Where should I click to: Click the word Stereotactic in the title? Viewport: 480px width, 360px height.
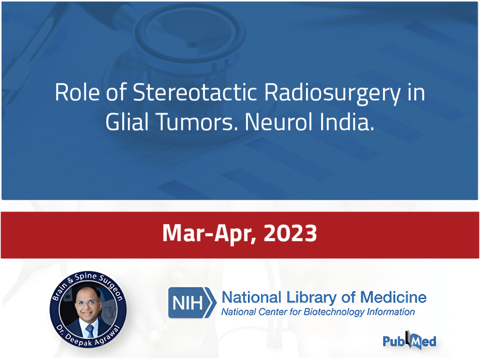195,92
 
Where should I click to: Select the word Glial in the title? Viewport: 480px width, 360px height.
127,122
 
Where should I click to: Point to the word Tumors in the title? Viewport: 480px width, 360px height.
197,122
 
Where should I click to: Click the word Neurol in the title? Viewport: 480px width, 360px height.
278,122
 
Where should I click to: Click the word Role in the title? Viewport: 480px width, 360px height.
77,92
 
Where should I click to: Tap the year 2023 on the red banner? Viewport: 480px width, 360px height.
290,233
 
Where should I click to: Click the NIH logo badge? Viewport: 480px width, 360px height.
192,302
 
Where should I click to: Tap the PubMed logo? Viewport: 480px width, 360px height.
409,340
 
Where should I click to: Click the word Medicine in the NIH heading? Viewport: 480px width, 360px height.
393,297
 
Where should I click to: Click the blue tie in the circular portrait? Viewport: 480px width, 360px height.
90,331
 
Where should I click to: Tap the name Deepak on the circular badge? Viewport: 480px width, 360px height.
78,341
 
